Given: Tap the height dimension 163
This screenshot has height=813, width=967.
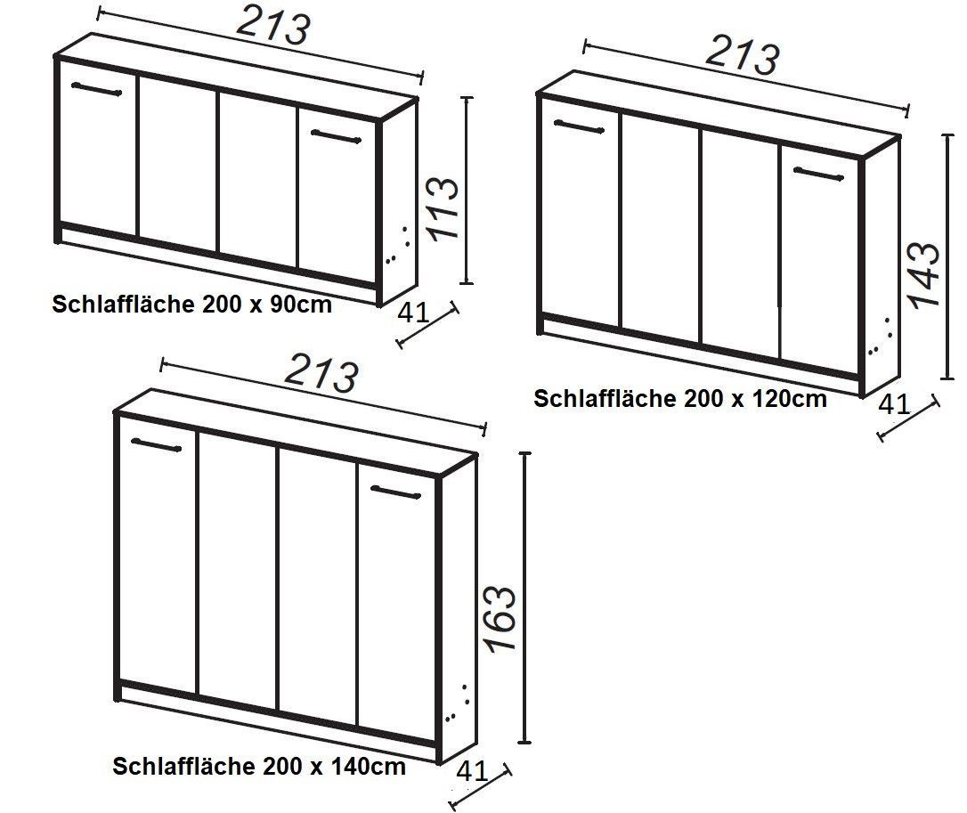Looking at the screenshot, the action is pyautogui.click(x=500, y=617).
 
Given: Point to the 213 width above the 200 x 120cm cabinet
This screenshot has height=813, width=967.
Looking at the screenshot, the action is pyautogui.click(x=743, y=55).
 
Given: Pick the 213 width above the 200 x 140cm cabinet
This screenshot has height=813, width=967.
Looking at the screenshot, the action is pyautogui.click(x=321, y=372).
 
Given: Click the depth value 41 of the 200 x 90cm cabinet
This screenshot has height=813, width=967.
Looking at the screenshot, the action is pyautogui.click(x=413, y=313).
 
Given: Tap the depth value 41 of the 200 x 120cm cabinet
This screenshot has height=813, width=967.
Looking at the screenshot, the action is pyautogui.click(x=894, y=404).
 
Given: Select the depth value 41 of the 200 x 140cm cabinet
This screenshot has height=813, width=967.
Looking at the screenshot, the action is pyautogui.click(x=473, y=771).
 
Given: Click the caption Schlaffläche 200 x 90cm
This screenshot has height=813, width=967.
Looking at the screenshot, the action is pyautogui.click(x=191, y=305).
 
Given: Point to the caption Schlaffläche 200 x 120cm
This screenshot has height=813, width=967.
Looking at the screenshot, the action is pyautogui.click(x=679, y=398).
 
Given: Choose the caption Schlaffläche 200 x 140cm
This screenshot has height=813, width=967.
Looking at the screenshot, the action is pyautogui.click(x=259, y=767).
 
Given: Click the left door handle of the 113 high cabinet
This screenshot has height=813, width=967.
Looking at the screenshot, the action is pyautogui.click(x=97, y=89).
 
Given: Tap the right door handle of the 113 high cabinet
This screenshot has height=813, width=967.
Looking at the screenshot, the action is pyautogui.click(x=336, y=136).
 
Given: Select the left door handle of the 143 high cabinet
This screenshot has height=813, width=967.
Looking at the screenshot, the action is pyautogui.click(x=579, y=126).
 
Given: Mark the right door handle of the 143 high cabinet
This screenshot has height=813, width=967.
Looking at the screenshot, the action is pyautogui.click(x=818, y=174).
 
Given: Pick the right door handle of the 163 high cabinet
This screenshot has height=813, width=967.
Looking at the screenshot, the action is pyautogui.click(x=396, y=492).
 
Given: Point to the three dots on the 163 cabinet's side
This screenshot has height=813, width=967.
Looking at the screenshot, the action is pyautogui.click(x=459, y=703).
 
